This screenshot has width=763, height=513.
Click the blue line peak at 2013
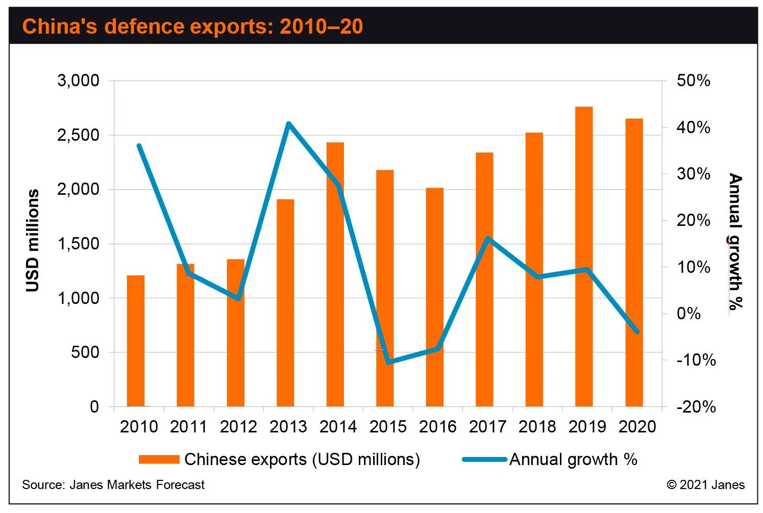(288, 124)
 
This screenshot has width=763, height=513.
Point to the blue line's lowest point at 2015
(389, 362)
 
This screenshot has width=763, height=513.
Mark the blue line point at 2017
(488, 239)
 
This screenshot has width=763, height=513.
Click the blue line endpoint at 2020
(636, 331)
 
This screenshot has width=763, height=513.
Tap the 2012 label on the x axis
(239, 426)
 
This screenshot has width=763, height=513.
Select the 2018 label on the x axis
(537, 426)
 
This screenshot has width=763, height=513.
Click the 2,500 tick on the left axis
(77, 136)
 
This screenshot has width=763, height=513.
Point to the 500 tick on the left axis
(85, 353)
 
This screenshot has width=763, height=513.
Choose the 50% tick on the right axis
(693, 81)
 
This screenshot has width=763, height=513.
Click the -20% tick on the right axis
(696, 407)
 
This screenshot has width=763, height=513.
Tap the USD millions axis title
(33, 241)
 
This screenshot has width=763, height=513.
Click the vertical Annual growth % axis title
(735, 241)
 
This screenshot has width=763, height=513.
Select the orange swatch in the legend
(159, 459)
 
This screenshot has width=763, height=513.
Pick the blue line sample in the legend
(485, 459)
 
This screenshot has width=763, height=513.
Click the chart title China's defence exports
(192, 26)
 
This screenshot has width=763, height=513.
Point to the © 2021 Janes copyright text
(705, 484)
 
